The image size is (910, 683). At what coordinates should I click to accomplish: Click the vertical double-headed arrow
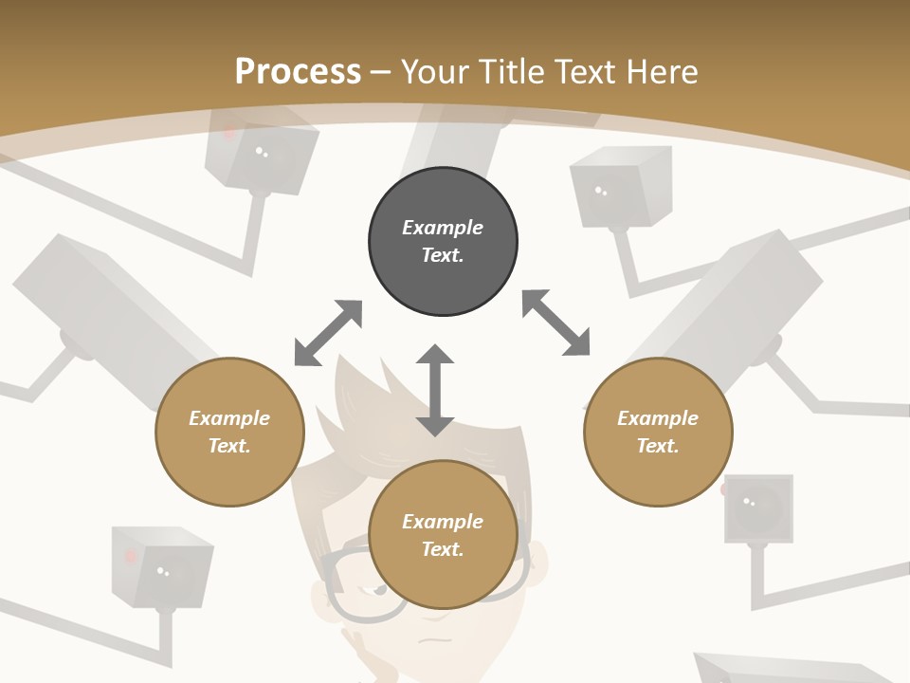click(x=435, y=390)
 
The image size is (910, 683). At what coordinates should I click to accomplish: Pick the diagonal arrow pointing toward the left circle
click(x=328, y=333)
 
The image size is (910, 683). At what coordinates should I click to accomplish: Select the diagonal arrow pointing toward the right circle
click(x=555, y=323)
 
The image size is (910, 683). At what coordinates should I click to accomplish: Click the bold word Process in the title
click(x=298, y=71)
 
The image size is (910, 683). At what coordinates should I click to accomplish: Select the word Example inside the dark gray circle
click(x=443, y=228)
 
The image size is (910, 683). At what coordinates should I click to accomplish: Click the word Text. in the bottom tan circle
click(x=443, y=549)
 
